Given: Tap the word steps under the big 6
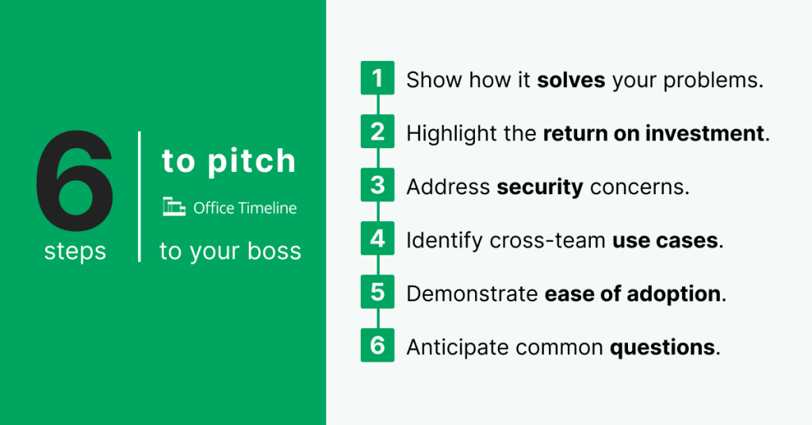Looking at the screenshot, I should point(75,251).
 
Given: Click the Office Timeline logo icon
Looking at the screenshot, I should point(174,208).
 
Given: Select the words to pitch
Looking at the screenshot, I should point(229,161).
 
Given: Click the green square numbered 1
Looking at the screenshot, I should point(377,79).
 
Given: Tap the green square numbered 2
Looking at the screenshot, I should point(377,132).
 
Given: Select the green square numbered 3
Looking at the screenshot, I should point(377,186).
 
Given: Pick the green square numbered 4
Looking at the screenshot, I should point(377,239).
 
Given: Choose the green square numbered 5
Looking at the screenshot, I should point(377,293).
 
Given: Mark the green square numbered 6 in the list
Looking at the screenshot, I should point(377,347).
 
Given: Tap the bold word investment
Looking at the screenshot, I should point(705,133).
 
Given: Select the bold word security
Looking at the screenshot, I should point(540,187).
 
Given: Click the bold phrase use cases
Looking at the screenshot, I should point(665,240).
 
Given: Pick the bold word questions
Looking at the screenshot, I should point(662,348).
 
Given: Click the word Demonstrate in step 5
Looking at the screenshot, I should point(472,294).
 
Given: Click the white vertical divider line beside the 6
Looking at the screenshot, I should point(140,197).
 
